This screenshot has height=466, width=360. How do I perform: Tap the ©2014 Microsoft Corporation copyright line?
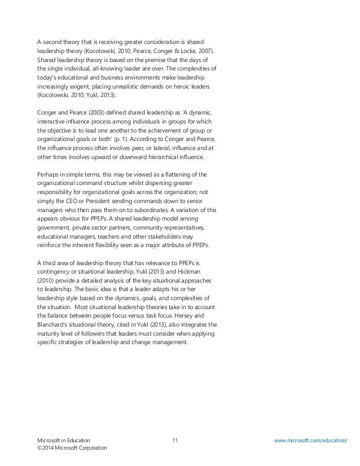pos(69,447)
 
